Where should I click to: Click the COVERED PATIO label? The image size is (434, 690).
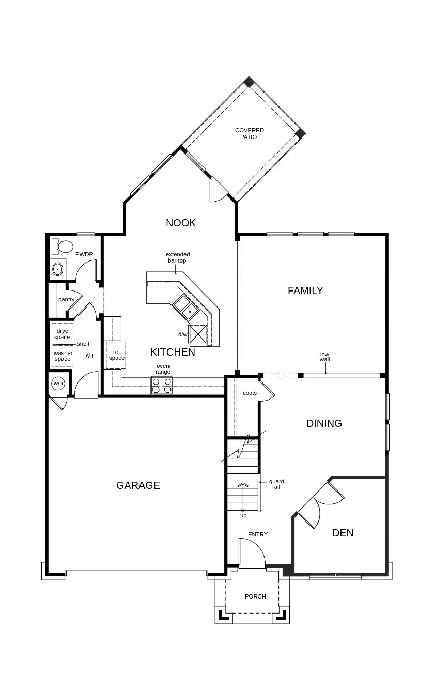[249, 133]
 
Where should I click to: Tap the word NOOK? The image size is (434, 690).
[181, 223]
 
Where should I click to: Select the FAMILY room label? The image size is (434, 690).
[305, 290]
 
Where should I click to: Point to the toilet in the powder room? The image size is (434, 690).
[65, 247]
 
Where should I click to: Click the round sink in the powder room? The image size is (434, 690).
[58, 269]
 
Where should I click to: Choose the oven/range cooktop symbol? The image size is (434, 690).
[162, 386]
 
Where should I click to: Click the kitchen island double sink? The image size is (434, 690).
[186, 306]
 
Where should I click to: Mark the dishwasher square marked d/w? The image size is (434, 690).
[198, 334]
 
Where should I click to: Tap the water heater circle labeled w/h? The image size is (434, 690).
[57, 383]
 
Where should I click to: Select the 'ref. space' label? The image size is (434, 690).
[117, 355]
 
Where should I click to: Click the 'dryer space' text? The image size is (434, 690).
[63, 334]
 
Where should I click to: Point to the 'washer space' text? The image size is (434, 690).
[63, 356]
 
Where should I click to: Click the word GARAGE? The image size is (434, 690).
[138, 485]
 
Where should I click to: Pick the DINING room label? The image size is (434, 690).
[324, 423]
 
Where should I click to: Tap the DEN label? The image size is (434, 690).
[343, 533]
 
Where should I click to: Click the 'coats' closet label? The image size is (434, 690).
[250, 393]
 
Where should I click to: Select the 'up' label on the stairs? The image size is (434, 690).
[243, 515]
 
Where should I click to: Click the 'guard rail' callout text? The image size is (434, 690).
[276, 484]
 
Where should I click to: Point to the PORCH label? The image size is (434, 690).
[255, 596]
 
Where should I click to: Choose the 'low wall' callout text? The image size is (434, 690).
[324, 357]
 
